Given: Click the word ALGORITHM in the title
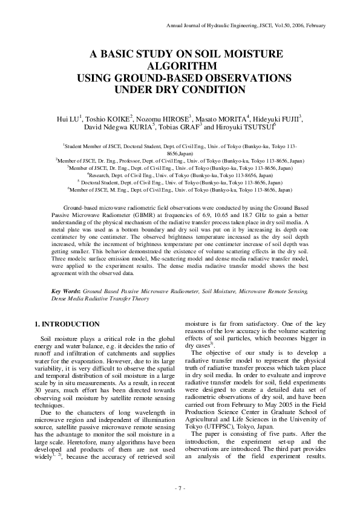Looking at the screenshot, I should [x=180, y=65].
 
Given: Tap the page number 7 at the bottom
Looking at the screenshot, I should [x=180, y=488].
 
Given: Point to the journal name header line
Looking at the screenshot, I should [x=246, y=25].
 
